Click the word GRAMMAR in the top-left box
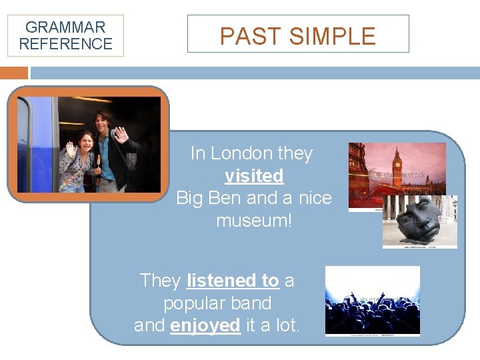65,27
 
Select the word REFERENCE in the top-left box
65,44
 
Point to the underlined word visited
254,176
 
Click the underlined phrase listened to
233,281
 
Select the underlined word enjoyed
205,325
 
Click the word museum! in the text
254,220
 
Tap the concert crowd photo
372,301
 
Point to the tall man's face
103,123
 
